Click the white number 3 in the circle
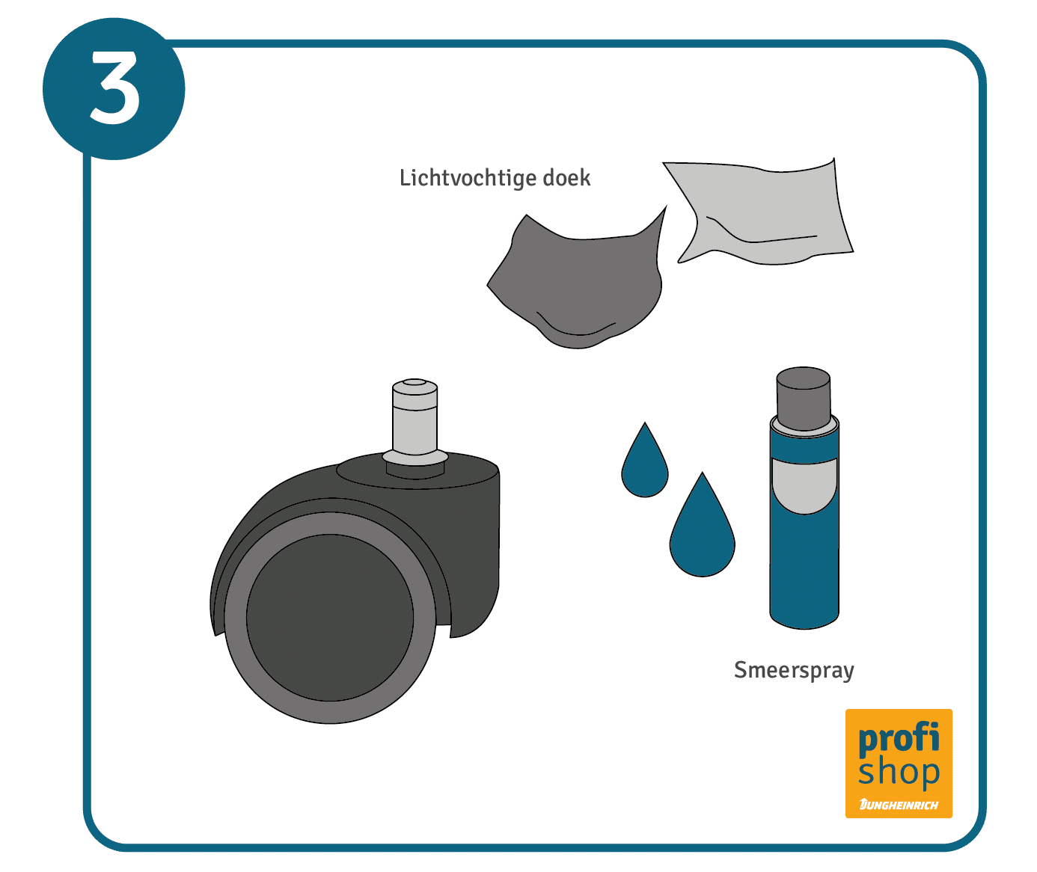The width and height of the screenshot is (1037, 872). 114,87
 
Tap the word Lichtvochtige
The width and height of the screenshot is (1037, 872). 468,178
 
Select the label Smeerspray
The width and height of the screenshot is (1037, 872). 794,670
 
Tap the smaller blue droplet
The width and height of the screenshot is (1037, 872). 645,464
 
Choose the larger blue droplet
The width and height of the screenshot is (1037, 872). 702,529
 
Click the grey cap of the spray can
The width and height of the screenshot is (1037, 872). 803,399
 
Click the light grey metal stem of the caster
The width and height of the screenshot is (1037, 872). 415,422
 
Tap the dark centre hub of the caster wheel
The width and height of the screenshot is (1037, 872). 330,618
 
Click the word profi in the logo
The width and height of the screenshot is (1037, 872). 899,740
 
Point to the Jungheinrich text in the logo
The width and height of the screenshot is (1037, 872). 899,805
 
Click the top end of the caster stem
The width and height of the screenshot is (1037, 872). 415,381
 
